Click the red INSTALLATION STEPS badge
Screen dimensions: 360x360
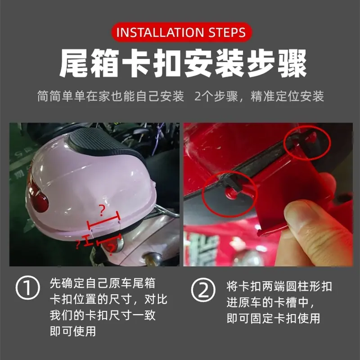(182, 32)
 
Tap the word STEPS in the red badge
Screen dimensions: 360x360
(227, 32)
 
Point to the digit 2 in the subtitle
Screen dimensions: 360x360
(198, 96)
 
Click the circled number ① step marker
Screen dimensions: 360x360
(27, 288)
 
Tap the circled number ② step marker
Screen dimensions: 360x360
(203, 290)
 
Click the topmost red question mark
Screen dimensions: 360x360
(102, 211)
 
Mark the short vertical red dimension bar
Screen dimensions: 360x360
(87, 240)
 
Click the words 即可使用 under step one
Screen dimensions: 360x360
(73, 331)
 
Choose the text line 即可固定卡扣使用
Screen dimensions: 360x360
(273, 319)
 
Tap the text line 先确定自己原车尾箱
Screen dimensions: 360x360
(103, 283)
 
